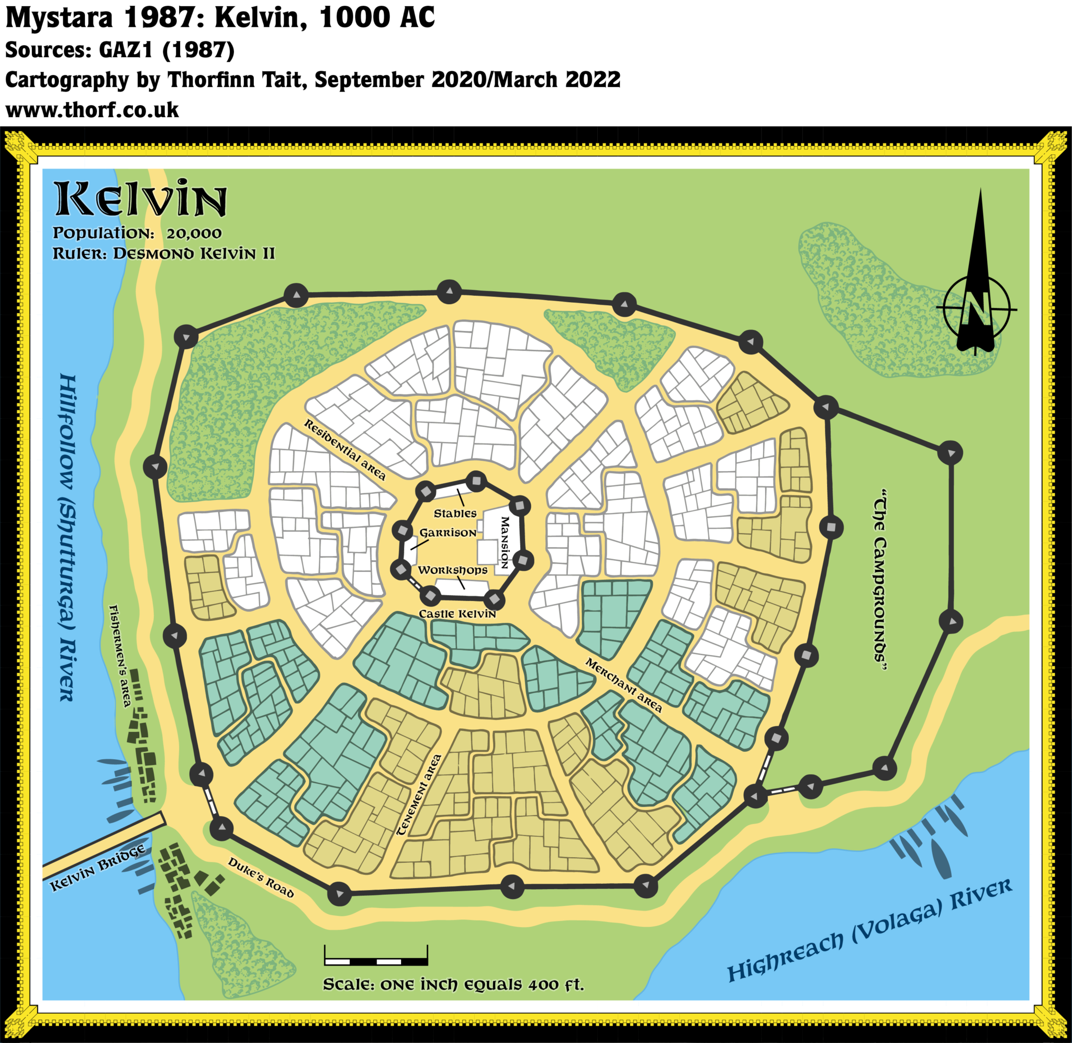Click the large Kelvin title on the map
click(140, 198)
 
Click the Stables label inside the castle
click(455, 513)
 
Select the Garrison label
click(448, 532)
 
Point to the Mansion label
click(505, 542)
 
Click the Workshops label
click(452, 570)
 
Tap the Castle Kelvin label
click(457, 614)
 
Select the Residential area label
click(345, 450)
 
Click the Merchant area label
click(623, 685)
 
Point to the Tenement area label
click(419, 795)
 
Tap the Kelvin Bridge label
click(97, 868)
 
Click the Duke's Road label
click(261, 878)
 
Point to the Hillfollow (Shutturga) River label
click(67, 537)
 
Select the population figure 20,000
click(194, 234)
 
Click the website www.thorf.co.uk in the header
click(92, 109)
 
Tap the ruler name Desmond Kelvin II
click(194, 253)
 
